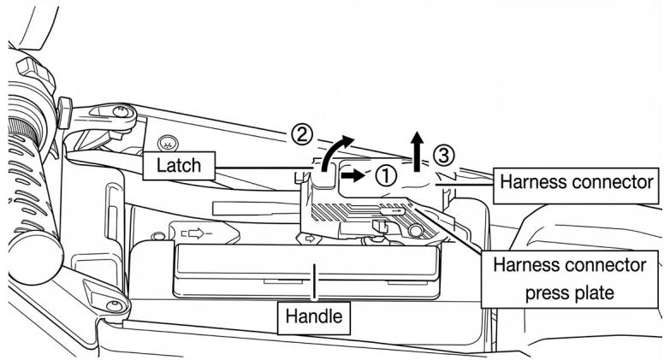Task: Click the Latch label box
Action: coord(179,165)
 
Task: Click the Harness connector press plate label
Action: coord(570,279)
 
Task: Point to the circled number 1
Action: coord(386,175)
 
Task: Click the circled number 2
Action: coord(302,135)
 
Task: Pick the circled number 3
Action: coord(443,156)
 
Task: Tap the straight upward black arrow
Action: coord(418,151)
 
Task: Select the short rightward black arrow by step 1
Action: coord(353,175)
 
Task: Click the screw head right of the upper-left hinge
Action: coord(168,144)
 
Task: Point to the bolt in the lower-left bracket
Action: coord(114,306)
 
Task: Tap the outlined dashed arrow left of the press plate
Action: coord(196,233)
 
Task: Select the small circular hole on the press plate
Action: coord(415,231)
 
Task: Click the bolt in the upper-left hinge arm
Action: coord(121,112)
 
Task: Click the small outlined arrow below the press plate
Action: coord(310,239)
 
